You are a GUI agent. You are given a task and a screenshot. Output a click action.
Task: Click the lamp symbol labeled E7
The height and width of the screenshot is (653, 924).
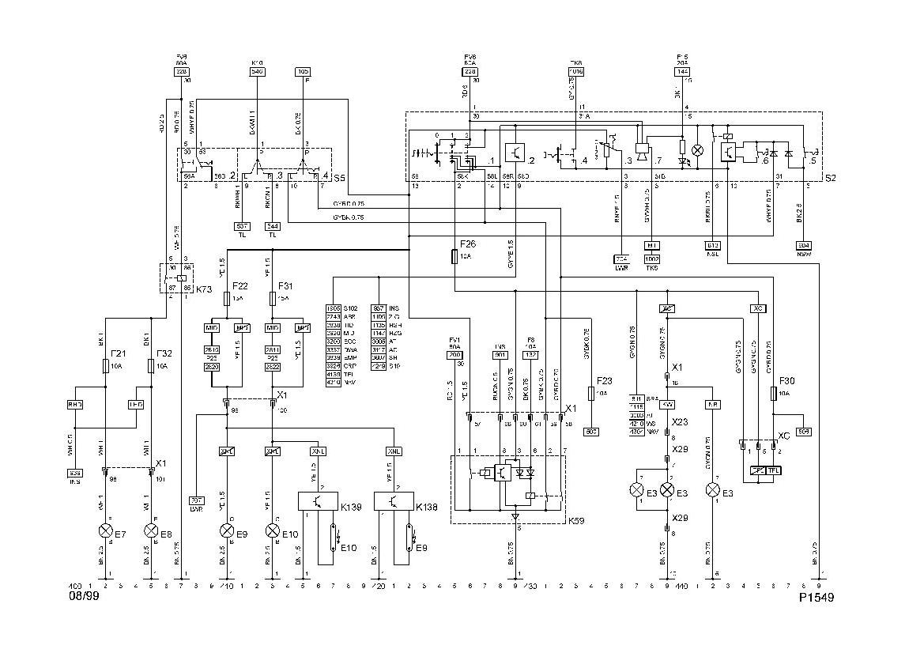(106, 530)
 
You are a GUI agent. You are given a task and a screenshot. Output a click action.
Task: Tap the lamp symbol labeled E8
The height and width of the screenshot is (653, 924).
(151, 530)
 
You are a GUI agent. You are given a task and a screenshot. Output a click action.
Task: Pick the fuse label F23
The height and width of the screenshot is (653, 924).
(605, 380)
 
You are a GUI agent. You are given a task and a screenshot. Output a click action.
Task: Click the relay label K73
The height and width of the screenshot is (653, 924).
(204, 290)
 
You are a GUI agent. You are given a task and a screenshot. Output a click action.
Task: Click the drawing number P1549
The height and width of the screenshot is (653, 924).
(817, 597)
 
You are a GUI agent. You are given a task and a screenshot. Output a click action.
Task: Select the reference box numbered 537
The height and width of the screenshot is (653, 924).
(243, 226)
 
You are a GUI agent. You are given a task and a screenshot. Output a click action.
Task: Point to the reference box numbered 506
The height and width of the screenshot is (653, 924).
(804, 432)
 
